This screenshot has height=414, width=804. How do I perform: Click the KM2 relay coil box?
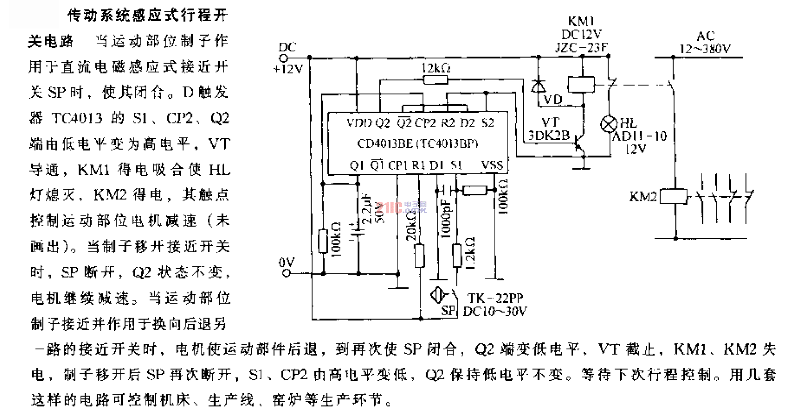[673, 196]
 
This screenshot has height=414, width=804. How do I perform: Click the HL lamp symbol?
[608, 124]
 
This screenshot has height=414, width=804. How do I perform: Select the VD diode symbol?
[539, 86]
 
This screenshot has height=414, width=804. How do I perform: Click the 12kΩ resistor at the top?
[435, 80]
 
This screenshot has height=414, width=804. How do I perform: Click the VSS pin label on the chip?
[492, 165]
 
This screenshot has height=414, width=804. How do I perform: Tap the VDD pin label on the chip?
[359, 123]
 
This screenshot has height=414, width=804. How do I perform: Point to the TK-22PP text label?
[495, 298]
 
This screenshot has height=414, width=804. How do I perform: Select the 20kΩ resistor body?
[419, 256]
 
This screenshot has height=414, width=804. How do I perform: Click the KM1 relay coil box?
[581, 84]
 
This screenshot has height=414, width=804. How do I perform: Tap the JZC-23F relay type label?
[581, 47]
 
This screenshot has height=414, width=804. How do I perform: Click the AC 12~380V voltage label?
[705, 43]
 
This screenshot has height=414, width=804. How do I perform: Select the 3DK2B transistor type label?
[549, 136]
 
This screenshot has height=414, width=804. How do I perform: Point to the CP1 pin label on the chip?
[398, 165]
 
